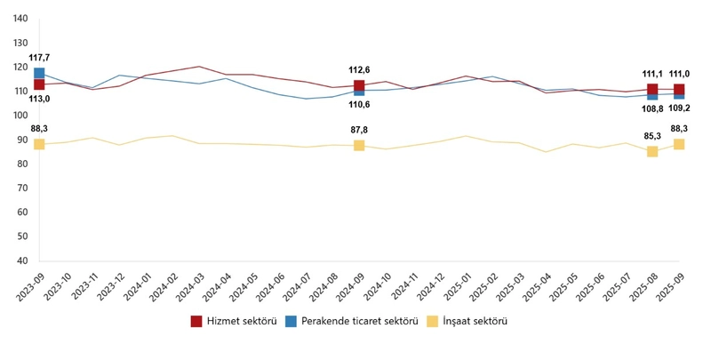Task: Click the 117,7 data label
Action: tap(39, 58)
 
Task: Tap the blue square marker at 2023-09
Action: tap(39, 74)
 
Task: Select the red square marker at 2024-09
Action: tap(359, 86)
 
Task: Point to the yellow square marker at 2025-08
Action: tap(652, 151)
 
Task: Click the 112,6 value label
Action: tap(359, 70)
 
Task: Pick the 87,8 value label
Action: tap(359, 130)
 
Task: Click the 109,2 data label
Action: tap(680, 108)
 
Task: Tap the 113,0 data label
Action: tap(39, 100)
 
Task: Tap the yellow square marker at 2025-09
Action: tap(679, 144)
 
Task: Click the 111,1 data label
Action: tap(652, 75)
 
